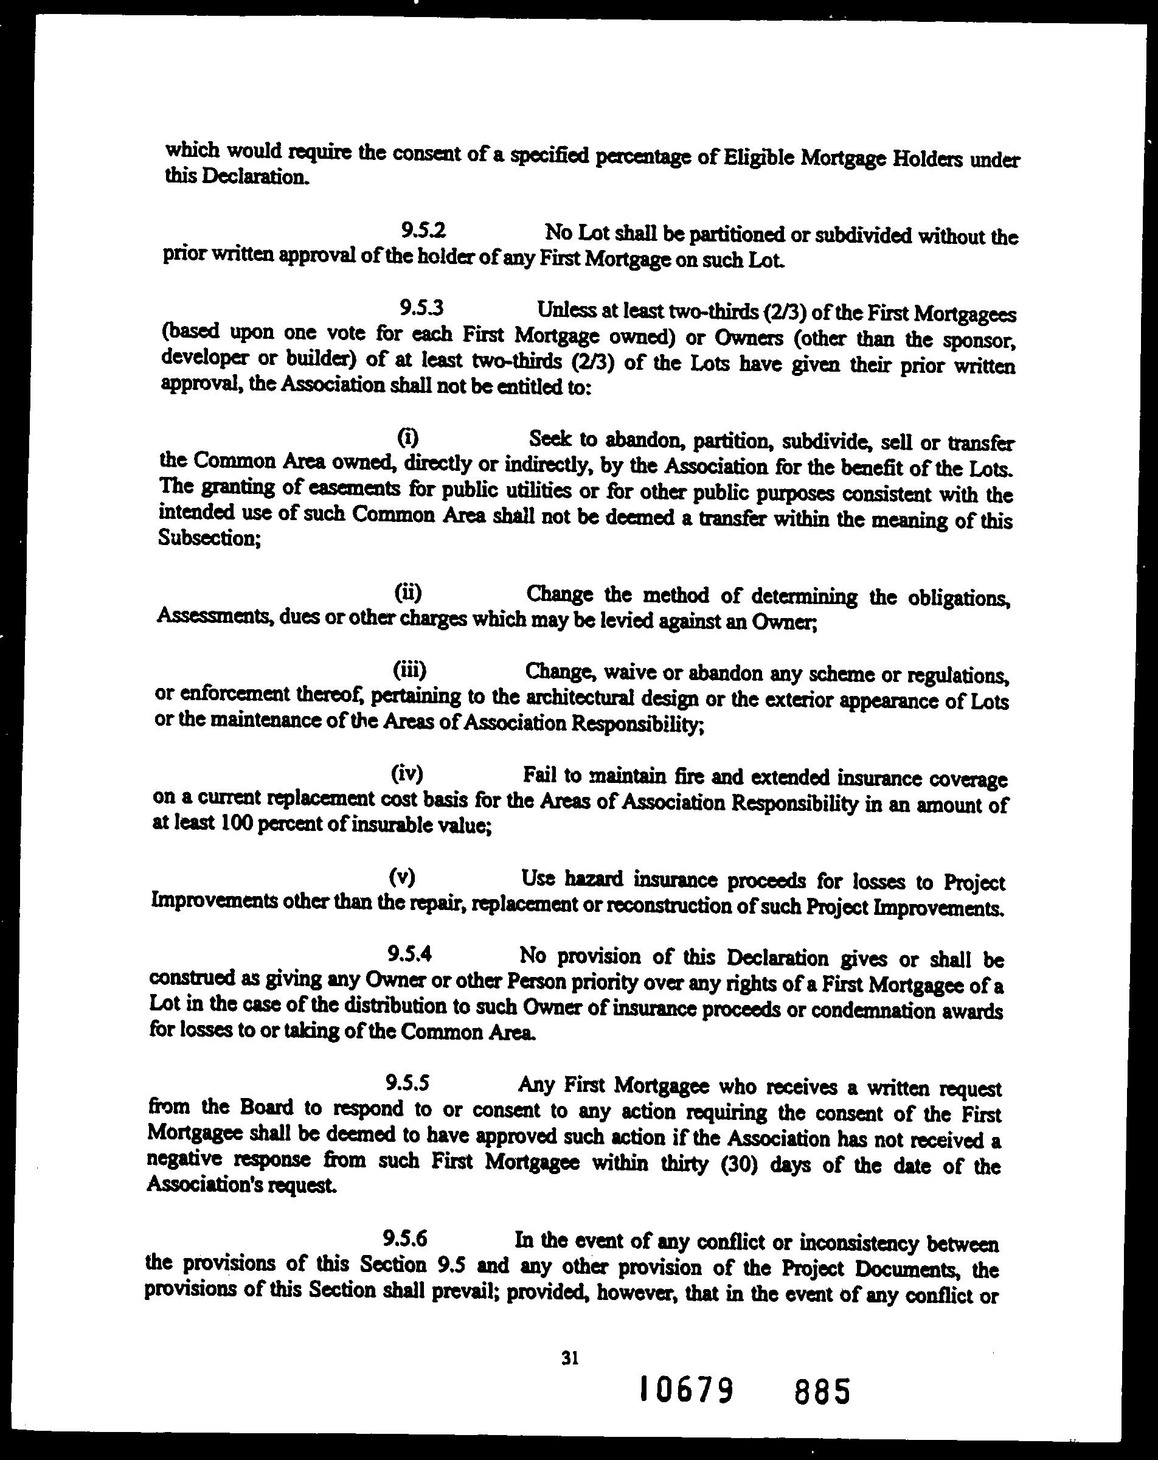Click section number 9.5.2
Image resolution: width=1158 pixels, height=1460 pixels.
tap(423, 231)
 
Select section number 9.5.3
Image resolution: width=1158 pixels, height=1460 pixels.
tap(421, 308)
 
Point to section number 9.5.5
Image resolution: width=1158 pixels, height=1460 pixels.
tap(407, 1083)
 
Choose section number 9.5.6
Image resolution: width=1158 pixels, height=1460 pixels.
tap(405, 1239)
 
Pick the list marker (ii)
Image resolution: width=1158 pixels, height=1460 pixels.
tap(407, 593)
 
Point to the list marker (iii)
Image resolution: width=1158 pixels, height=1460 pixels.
tap(409, 670)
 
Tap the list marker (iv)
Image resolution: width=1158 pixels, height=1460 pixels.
tap(407, 772)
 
